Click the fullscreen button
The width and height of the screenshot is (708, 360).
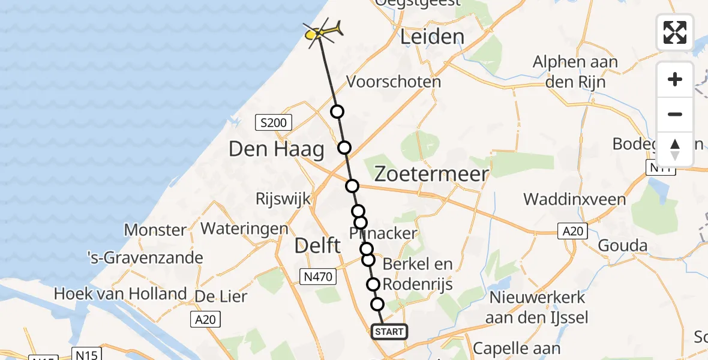point(675,32)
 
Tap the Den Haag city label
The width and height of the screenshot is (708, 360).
point(276,150)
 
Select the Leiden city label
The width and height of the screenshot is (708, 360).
point(432,37)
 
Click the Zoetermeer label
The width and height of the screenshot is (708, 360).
point(431,174)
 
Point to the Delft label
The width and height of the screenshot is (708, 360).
point(318,245)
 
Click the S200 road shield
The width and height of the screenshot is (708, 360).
point(272,124)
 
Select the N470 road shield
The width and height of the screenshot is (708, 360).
point(317,276)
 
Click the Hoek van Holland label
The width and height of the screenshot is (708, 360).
point(120,294)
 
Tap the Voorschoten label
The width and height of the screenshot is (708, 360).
point(394,82)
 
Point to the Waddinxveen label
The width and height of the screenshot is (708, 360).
point(574,199)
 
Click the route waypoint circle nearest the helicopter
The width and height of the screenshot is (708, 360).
point(337,112)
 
